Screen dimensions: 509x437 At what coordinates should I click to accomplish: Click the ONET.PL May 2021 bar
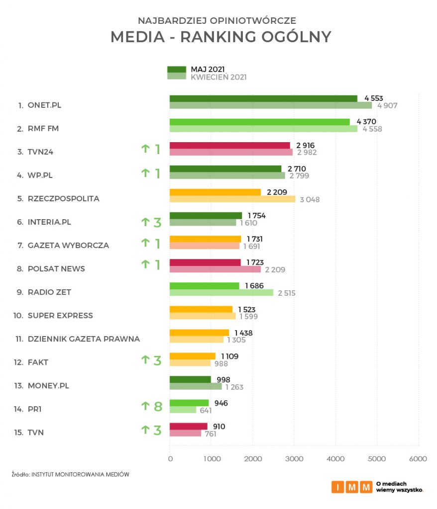point(263,98)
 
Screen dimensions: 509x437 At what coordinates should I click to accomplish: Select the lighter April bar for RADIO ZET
point(221,293)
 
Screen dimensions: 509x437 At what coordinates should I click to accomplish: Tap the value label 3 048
point(309,200)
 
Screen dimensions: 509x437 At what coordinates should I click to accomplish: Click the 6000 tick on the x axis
point(418,458)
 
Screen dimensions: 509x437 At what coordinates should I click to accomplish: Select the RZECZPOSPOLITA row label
point(63,199)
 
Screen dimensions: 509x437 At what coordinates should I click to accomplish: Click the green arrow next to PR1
point(145,406)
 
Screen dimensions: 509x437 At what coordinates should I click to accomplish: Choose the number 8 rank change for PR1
point(158,407)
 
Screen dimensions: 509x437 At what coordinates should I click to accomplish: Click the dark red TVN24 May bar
point(229,145)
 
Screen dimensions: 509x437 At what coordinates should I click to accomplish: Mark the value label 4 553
point(373,98)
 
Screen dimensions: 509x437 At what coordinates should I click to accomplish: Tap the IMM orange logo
point(351,487)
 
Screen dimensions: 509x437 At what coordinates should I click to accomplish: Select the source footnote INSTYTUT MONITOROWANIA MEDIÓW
point(80,474)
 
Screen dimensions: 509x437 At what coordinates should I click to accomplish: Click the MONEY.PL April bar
point(196,386)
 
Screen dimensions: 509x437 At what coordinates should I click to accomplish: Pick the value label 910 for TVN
point(219,426)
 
